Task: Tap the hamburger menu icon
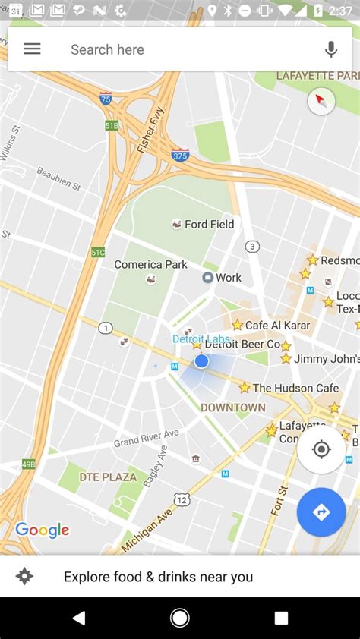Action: click(32, 49)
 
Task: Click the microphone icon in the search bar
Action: click(331, 49)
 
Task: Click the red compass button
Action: click(321, 102)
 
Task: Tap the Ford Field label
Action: click(209, 225)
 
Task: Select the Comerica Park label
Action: click(150, 265)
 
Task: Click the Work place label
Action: click(227, 278)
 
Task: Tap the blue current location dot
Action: click(201, 361)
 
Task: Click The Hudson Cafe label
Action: click(295, 388)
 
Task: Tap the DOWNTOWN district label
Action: click(233, 408)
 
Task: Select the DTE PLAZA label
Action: click(108, 477)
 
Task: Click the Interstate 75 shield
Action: click(106, 98)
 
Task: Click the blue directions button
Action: click(321, 512)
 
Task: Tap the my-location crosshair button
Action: click(321, 449)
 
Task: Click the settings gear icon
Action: click(24, 577)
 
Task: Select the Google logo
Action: click(42, 530)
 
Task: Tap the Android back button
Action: click(79, 618)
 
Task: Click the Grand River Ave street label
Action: click(146, 438)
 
